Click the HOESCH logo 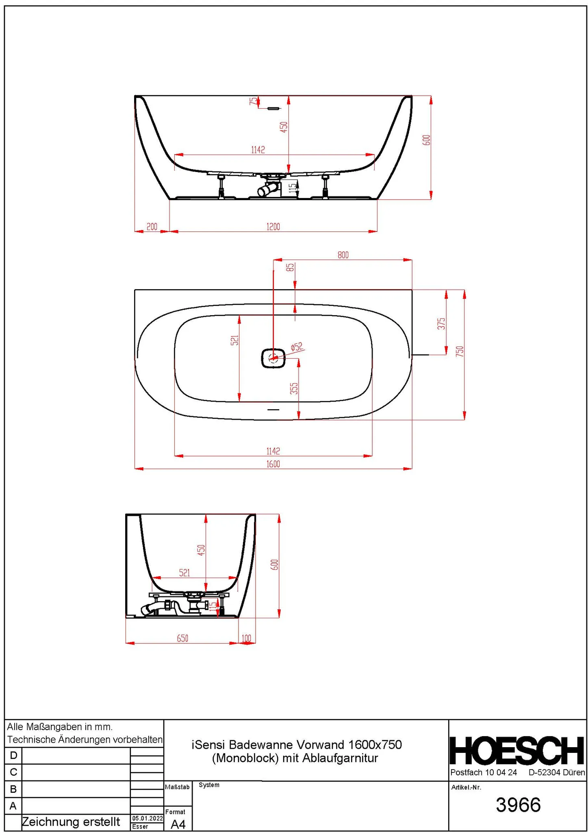[x=517, y=751]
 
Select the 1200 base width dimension [x=273, y=227]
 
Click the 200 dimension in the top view [x=152, y=227]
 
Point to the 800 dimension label [x=343, y=255]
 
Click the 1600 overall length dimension [x=273, y=464]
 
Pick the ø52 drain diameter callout [x=297, y=347]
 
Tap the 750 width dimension [x=460, y=351]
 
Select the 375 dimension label [x=441, y=324]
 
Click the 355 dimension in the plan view [x=294, y=388]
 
